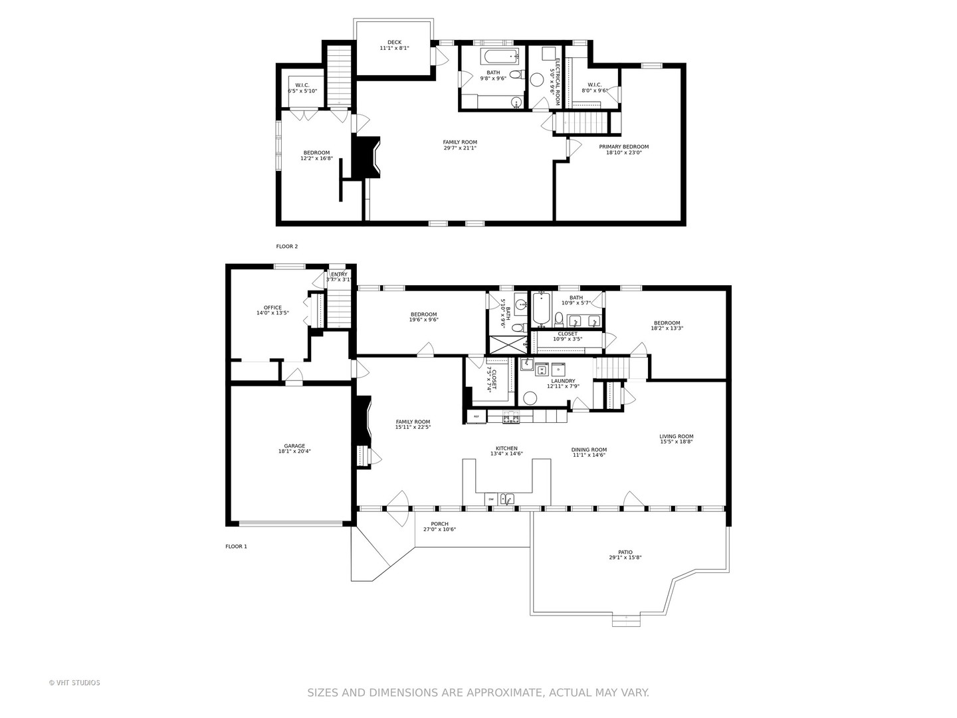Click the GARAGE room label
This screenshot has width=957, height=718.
(294, 446)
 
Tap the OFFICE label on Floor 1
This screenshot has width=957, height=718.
(272, 308)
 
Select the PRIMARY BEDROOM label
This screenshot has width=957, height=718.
(623, 147)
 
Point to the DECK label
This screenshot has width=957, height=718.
(394, 43)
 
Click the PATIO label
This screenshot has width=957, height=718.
(625, 552)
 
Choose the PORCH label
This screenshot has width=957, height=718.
(439, 524)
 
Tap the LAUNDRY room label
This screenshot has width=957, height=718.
(563, 381)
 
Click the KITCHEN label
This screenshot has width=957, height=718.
(506, 448)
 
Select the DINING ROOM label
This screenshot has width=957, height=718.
(589, 449)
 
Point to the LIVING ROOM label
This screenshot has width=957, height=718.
(676, 437)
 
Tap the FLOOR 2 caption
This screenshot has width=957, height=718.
(287, 247)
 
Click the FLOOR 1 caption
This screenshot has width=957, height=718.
(236, 546)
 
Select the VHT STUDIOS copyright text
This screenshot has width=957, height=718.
(74, 683)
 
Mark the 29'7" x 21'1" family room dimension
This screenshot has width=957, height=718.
(460, 148)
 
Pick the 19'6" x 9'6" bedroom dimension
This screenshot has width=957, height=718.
(423, 320)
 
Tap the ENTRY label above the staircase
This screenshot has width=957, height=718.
(339, 275)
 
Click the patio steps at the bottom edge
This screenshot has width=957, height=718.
(626, 620)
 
